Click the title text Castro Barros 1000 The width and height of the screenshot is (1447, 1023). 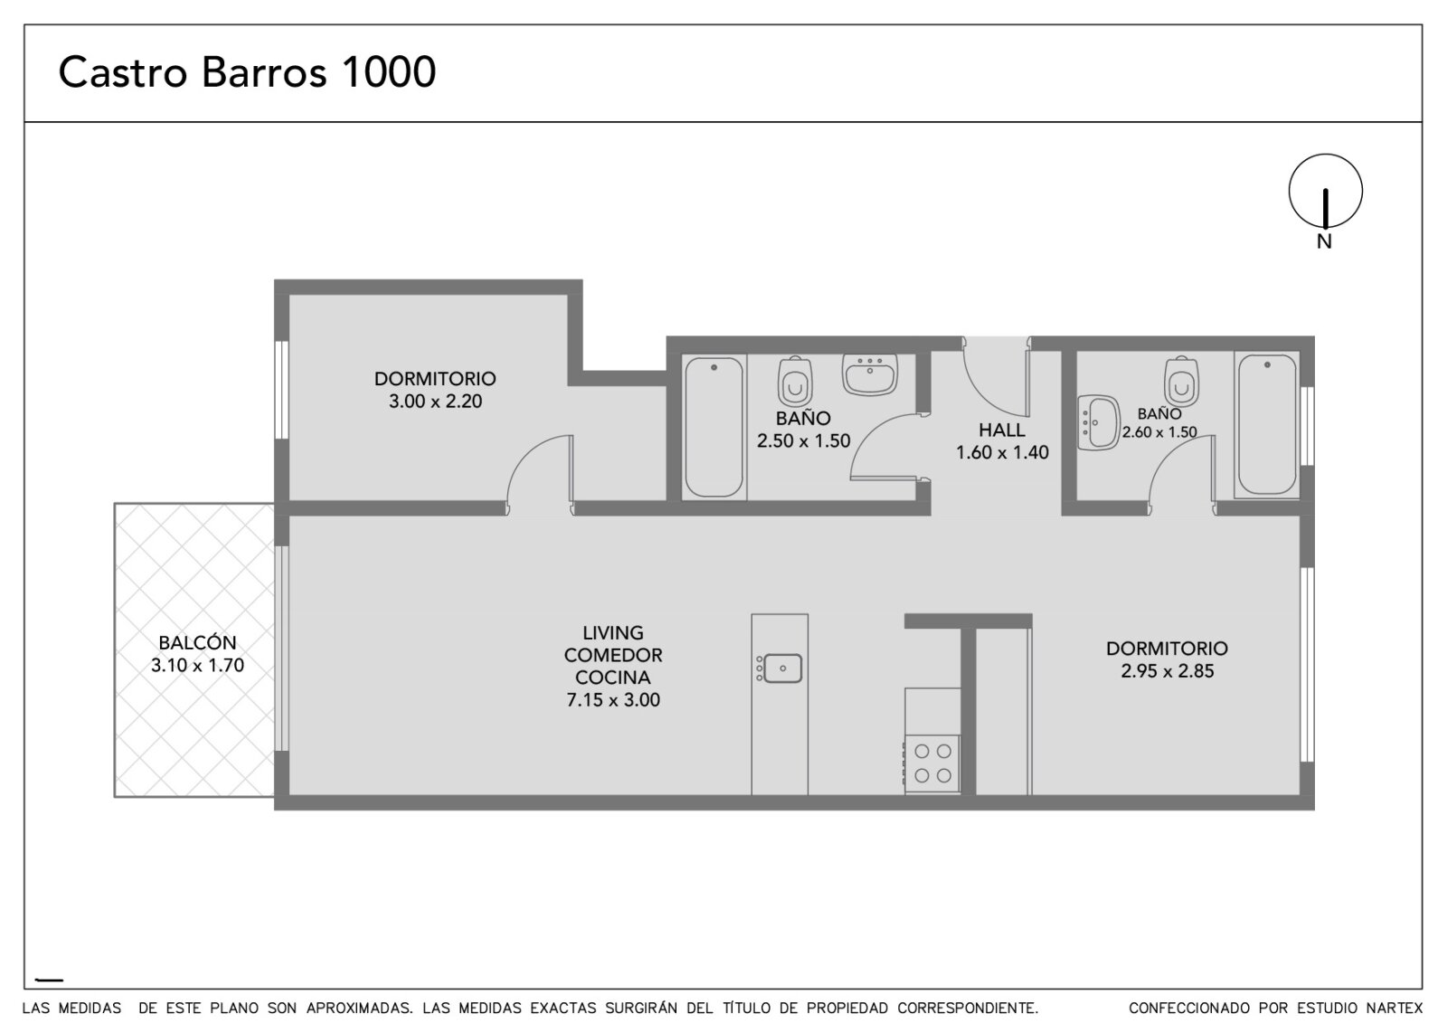[x=248, y=71]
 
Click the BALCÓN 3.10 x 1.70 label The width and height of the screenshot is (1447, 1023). [x=198, y=654]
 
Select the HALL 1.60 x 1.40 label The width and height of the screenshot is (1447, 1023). [x=1002, y=440]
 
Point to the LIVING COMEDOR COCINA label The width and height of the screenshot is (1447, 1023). [x=613, y=667]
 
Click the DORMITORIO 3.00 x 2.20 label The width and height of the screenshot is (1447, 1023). [x=435, y=390]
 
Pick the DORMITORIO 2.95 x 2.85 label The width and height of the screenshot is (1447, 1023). [x=1167, y=659]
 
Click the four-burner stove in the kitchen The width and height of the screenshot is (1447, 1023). [x=932, y=763]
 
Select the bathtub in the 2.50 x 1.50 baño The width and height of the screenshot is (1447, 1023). [x=714, y=427]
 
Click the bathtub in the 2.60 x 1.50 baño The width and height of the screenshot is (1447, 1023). [x=1267, y=424]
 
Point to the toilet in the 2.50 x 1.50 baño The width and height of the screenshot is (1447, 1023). [x=795, y=382]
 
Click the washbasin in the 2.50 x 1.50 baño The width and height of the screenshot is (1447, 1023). [x=869, y=374]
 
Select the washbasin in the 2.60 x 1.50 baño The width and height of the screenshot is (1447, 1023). [x=1098, y=422]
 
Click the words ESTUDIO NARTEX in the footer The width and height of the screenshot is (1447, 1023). [x=1353, y=1008]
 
